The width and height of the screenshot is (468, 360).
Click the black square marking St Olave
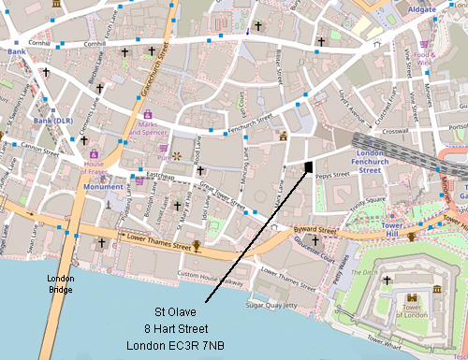click(x=308, y=166)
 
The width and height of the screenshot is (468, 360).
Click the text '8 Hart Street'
click(x=174, y=328)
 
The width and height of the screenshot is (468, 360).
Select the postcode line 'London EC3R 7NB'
click(x=174, y=345)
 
